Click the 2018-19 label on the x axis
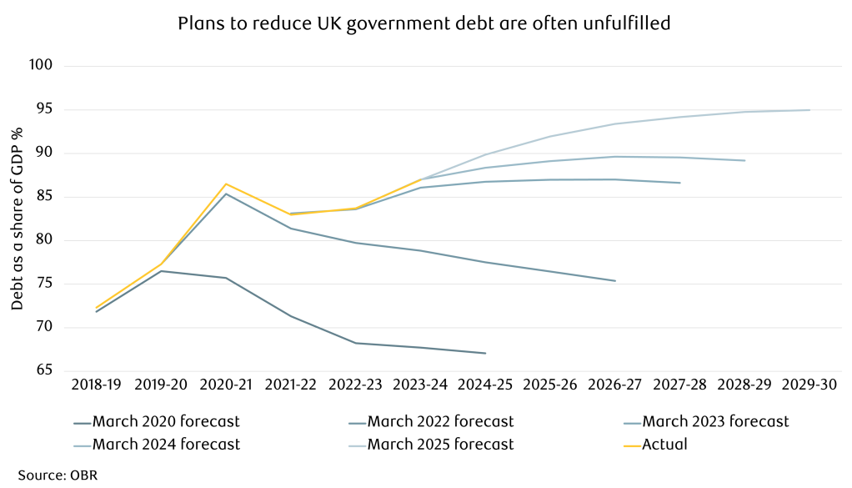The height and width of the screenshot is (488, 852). pyautogui.click(x=96, y=385)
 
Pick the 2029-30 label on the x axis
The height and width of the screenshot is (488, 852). pyautogui.click(x=809, y=385)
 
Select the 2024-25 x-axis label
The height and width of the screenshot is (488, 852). pyautogui.click(x=485, y=385)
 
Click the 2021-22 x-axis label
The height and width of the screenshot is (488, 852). pyautogui.click(x=291, y=385)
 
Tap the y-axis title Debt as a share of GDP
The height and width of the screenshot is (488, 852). pyautogui.click(x=16, y=218)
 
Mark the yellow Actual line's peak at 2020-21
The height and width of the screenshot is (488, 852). pyautogui.click(x=226, y=184)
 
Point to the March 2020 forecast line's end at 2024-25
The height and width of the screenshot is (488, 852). pyautogui.click(x=485, y=353)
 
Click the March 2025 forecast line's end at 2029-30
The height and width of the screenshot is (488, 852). pyautogui.click(x=809, y=110)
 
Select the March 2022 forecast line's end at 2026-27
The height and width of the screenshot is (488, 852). pyautogui.click(x=615, y=281)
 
